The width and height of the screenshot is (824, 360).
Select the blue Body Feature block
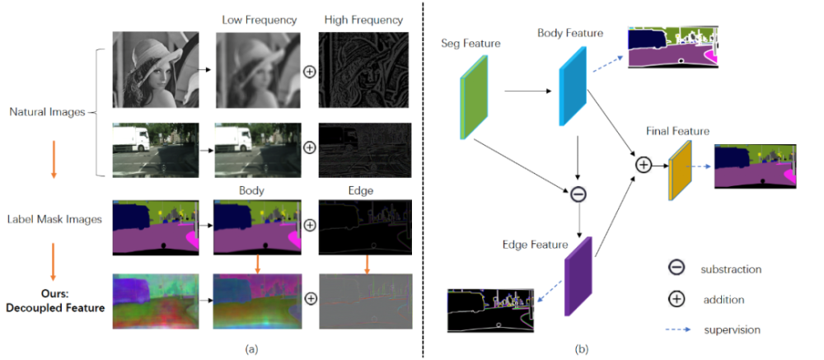coord(572,86)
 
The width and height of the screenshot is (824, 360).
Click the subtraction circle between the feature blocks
coord(579,194)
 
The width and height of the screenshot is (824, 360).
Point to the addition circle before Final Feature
coord(644,165)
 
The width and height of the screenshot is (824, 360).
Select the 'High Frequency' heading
coord(362,20)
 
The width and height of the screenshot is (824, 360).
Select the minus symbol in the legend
coord(676,269)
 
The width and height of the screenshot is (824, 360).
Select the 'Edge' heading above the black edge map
coord(361,190)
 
